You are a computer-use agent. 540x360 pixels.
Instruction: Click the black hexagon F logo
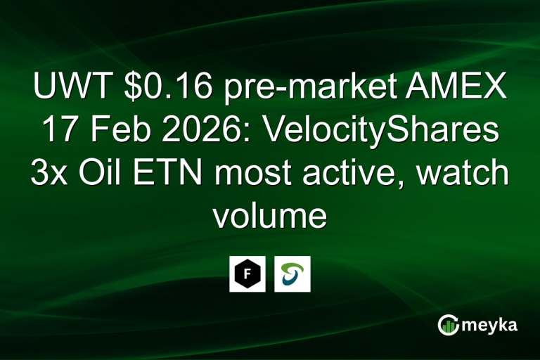pyautogui.click(x=247, y=274)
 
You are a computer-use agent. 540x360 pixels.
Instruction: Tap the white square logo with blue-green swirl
pyautogui.click(x=292, y=274)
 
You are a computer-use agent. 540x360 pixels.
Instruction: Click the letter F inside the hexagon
pyautogui.click(x=247, y=274)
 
